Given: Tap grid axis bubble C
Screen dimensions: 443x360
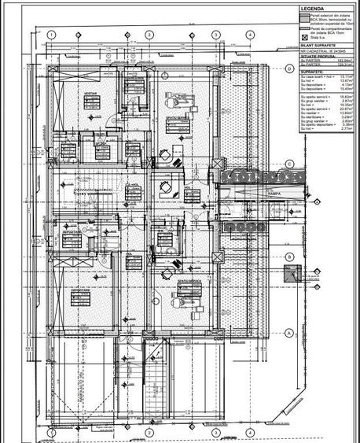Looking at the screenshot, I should pyautogui.click(x=289, y=164).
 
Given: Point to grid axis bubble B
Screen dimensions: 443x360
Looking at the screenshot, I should pyautogui.click(x=289, y=257).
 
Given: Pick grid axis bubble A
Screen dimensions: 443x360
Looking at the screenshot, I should pyautogui.click(x=289, y=332).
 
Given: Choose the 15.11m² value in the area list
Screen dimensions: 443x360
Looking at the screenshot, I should pyautogui.click(x=346, y=76).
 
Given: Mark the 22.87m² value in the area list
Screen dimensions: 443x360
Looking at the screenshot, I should pyautogui.click(x=346, y=109).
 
